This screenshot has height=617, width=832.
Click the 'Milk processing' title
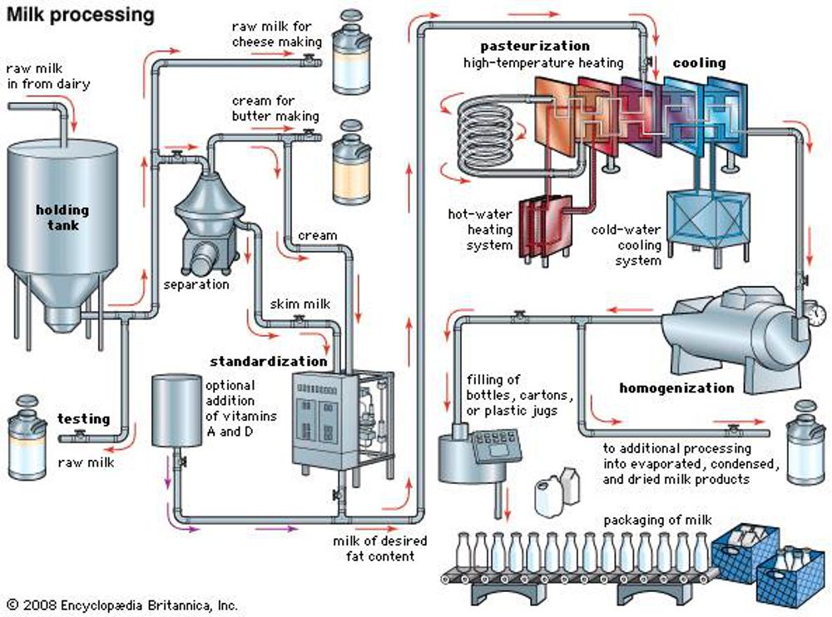pyautogui.click(x=80, y=15)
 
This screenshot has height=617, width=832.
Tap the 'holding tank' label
pyautogui.click(x=62, y=218)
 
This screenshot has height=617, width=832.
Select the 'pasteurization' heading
pyautogui.click(x=535, y=46)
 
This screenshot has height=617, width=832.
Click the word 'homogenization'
pyautogui.click(x=676, y=387)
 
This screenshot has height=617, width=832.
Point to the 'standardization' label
pyautogui.click(x=268, y=361)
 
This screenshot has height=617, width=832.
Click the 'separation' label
pyautogui.click(x=196, y=284)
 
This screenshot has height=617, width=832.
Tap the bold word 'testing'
pyautogui.click(x=83, y=418)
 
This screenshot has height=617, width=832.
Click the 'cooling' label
pyautogui.click(x=699, y=62)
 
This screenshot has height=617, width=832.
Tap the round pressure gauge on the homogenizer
pyautogui.click(x=817, y=314)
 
